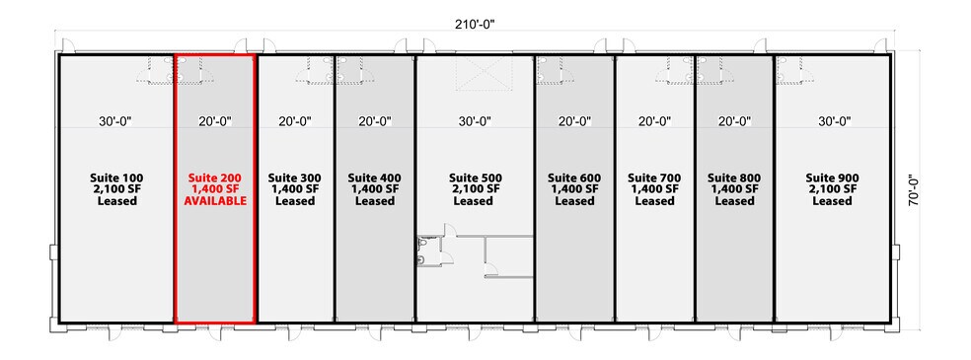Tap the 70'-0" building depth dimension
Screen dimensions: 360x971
pyautogui.click(x=915, y=188)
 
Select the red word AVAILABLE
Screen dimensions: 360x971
pyautogui.click(x=215, y=201)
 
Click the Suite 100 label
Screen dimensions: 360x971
pyautogui.click(x=117, y=179)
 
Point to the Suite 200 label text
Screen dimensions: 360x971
pyautogui.click(x=215, y=179)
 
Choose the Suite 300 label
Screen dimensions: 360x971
pyautogui.click(x=294, y=179)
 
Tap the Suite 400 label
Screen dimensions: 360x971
pyautogui.click(x=374, y=179)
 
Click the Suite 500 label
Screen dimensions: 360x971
pyautogui.click(x=475, y=179)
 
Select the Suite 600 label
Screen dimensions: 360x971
pyautogui.click(x=574, y=179)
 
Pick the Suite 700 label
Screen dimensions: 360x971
pyautogui.click(x=654, y=179)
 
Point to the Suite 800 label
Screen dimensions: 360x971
pyautogui.click(x=734, y=179)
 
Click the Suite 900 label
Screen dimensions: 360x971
pyautogui.click(x=832, y=179)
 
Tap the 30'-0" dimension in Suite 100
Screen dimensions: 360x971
pyautogui.click(x=117, y=122)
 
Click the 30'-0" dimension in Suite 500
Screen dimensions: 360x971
pyautogui.click(x=475, y=122)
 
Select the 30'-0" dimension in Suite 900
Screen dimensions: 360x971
pyautogui.click(x=832, y=122)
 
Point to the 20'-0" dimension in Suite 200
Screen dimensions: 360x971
pyautogui.click(x=215, y=122)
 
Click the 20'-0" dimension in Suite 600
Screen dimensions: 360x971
pyautogui.click(x=574, y=122)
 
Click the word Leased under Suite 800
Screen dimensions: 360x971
pyautogui.click(x=734, y=201)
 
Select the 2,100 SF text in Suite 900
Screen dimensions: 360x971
pyautogui.click(x=832, y=189)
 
